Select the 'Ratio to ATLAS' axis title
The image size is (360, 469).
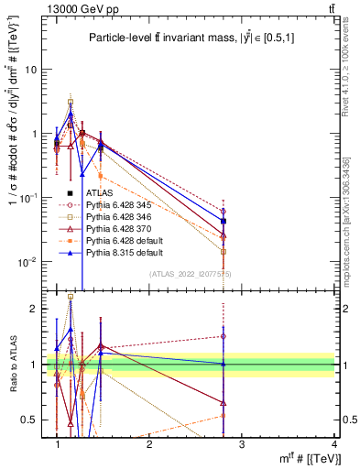13,365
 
